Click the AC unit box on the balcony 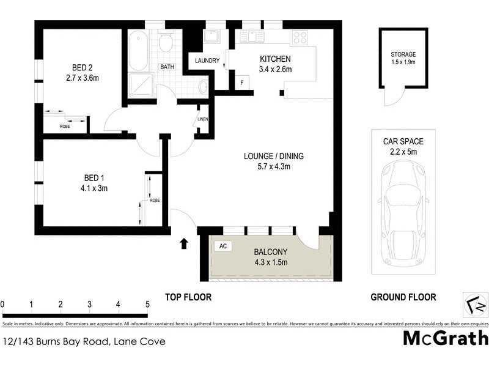click(222, 246)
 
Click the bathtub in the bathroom click(138, 50)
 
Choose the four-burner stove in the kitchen click(300, 37)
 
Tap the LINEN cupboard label click(203, 119)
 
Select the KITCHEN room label click(275, 59)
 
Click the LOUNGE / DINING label click(273, 156)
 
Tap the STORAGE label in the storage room click(403, 54)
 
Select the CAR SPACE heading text click(403, 141)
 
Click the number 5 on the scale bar click(147, 304)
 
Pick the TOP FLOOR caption click(188, 297)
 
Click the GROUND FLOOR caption click(403, 297)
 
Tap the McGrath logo click(446, 338)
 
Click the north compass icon click(475, 305)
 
